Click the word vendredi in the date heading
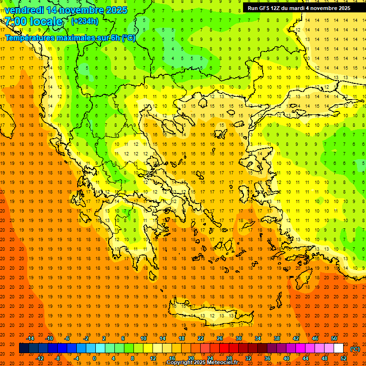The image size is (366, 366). click(24, 10)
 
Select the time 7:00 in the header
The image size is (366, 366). click(16, 21)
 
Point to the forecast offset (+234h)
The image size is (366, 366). click(85, 21)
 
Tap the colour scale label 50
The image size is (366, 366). click(334, 338)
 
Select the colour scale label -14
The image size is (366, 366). click(30, 338)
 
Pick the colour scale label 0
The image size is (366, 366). click(94, 358)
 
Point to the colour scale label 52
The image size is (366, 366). click(344, 358)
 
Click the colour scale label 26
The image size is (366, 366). click(220, 338)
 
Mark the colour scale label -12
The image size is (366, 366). click(40, 358)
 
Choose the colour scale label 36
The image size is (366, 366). click(267, 358)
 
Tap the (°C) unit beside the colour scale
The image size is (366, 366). click(355, 349)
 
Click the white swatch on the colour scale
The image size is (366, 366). click(339, 348)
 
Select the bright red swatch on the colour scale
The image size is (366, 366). click(224, 348)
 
